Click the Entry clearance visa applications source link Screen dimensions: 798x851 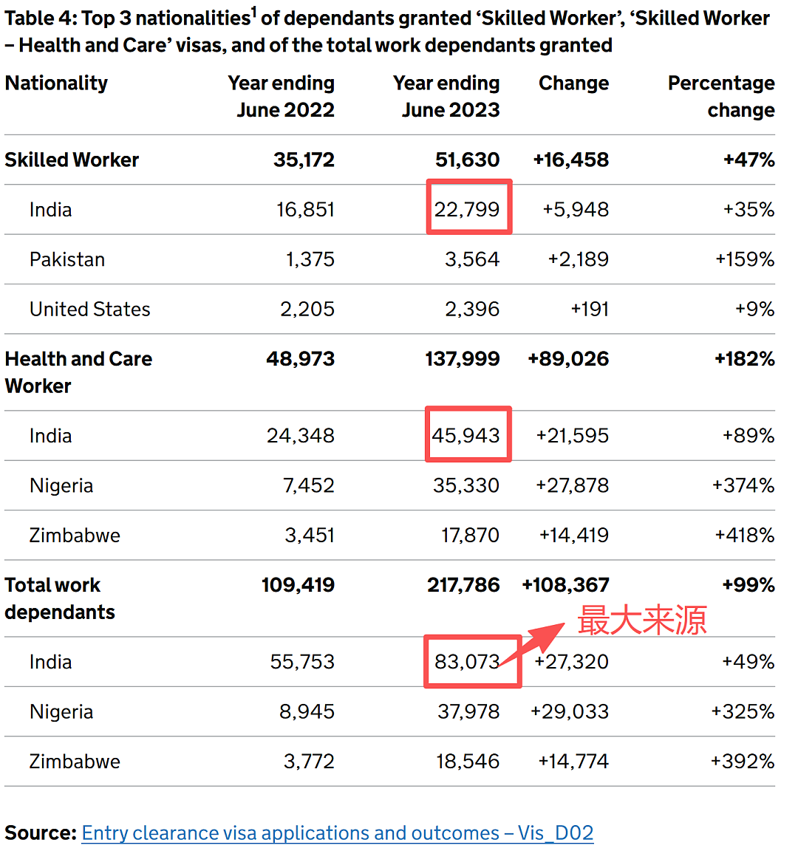tap(337, 833)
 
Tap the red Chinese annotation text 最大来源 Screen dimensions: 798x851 tap(642, 620)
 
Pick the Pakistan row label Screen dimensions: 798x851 tap(66, 259)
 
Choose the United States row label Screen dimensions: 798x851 tap(89, 310)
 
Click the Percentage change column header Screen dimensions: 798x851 tap(721, 96)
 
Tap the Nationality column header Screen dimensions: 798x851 tap(56, 83)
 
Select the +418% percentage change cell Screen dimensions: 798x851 tap(744, 535)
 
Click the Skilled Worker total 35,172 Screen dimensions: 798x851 tap(304, 160)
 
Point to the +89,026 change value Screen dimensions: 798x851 tap(568, 359)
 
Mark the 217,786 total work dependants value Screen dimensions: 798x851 tap(463, 585)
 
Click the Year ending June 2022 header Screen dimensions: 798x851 tap(282, 96)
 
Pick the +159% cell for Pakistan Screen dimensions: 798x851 tap(745, 259)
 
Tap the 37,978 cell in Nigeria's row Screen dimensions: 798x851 tap(468, 711)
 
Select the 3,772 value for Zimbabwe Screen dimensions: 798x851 tap(309, 762)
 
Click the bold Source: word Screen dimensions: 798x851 tap(41, 833)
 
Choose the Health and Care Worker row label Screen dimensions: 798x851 tap(78, 372)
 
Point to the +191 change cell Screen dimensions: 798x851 tap(590, 310)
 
